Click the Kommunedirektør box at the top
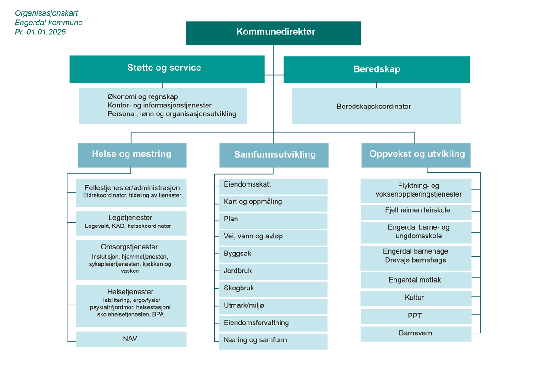274,33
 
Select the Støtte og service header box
167,68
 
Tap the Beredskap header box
377,69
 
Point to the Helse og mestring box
132,154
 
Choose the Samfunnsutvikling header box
274,155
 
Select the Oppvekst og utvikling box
416,155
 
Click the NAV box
131,339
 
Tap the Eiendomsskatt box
273,185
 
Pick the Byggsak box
273,254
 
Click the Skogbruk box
273,288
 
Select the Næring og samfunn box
273,340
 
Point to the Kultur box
416,298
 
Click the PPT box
416,316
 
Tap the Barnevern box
416,333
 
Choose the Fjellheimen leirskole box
416,211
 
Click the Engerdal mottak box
416,280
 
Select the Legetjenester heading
131,218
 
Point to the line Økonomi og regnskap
142,97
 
